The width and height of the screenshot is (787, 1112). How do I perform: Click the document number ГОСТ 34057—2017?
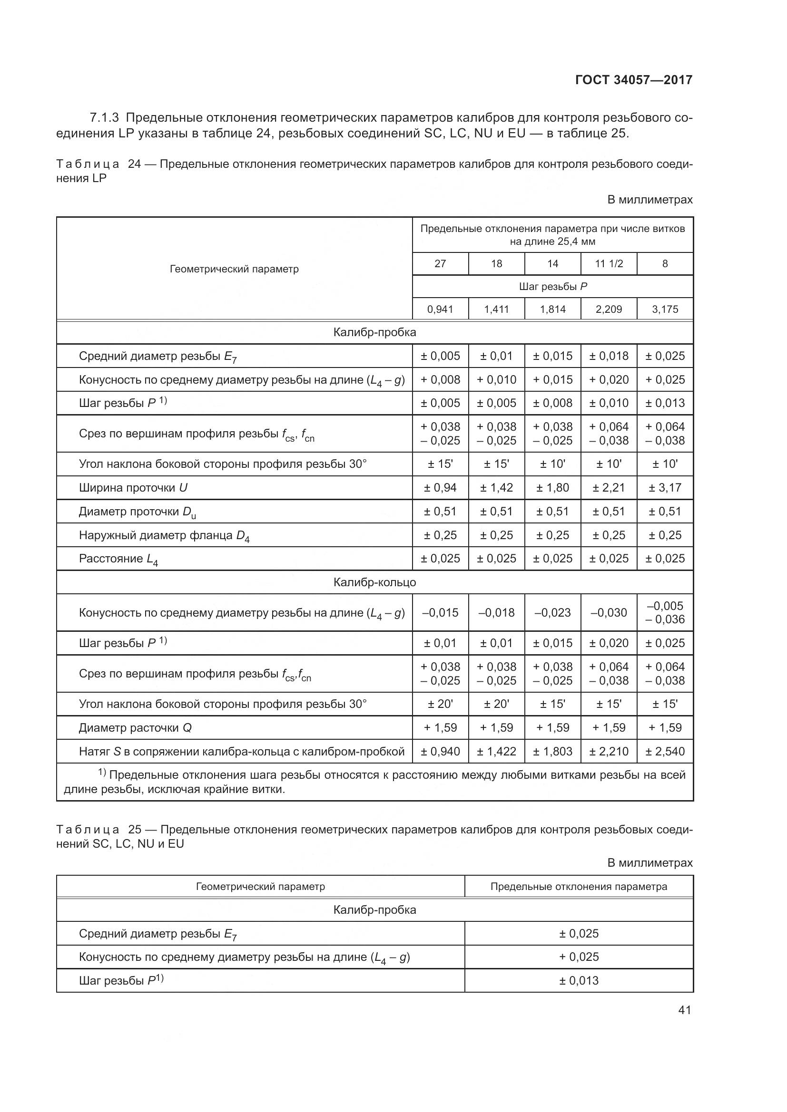(x=633, y=80)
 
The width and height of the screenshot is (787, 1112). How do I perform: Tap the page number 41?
(x=684, y=1010)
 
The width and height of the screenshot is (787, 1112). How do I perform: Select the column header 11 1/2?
(x=609, y=264)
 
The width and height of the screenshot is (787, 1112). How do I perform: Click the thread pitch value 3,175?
(x=665, y=309)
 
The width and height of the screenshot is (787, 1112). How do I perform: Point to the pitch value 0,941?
(x=440, y=309)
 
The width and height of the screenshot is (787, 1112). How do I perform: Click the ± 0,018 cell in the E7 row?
(x=609, y=356)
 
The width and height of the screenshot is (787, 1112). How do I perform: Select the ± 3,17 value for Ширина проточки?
(x=665, y=488)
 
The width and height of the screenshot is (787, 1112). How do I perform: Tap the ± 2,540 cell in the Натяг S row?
(x=665, y=752)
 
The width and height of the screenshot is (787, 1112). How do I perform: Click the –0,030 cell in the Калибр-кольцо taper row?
(x=609, y=613)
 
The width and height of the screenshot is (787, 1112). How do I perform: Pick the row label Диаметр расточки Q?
(x=135, y=728)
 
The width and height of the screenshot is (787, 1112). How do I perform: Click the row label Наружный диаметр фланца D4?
(x=164, y=536)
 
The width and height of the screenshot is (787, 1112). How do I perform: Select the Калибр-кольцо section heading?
(x=374, y=582)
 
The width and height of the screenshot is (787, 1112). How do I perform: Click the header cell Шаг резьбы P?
(x=552, y=287)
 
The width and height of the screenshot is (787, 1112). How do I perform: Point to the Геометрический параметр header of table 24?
(x=234, y=269)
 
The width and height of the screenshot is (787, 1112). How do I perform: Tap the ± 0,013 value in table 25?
(x=579, y=980)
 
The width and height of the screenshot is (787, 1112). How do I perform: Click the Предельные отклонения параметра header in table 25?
(x=579, y=887)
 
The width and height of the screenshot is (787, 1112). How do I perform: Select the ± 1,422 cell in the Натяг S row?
(x=496, y=752)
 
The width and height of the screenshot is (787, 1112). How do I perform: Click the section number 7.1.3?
(x=104, y=118)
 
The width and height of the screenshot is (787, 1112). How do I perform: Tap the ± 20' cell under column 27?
(x=440, y=704)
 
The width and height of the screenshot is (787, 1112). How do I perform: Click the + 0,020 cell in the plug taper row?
(x=609, y=380)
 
